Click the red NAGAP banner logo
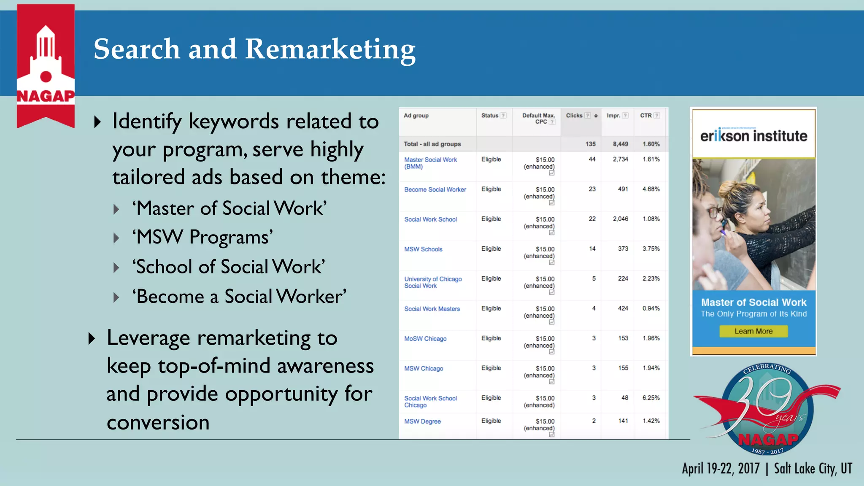(46, 65)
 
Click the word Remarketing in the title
(330, 49)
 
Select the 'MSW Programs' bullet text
(202, 237)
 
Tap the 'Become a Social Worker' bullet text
(239, 297)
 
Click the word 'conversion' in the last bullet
(158, 422)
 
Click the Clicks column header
(574, 116)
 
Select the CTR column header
(646, 116)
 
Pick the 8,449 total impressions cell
(620, 144)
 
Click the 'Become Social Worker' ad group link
(435, 190)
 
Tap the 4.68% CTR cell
(651, 189)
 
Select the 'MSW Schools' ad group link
(423, 249)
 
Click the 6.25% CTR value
(651, 398)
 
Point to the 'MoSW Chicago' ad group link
(425, 339)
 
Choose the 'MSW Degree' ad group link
(422, 421)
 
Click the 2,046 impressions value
(620, 219)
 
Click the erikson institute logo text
(753, 136)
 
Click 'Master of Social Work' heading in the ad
(753, 302)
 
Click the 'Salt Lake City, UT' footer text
(813, 469)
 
